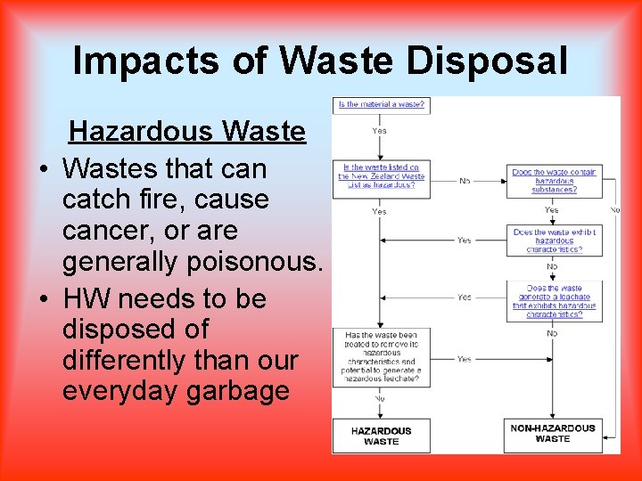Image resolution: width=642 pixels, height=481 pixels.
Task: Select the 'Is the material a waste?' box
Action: point(381,105)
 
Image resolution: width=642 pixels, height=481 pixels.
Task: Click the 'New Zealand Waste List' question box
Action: point(381,176)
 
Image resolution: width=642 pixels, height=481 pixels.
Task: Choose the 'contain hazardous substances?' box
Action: point(554,180)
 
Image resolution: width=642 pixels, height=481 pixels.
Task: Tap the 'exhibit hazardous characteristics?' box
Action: point(554,240)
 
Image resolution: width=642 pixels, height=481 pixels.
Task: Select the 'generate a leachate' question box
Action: point(554,301)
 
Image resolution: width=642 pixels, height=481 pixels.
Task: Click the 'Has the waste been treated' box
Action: point(381,358)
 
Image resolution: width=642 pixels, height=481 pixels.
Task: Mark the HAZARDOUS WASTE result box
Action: point(381,436)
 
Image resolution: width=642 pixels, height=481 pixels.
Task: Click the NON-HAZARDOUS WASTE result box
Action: point(552,434)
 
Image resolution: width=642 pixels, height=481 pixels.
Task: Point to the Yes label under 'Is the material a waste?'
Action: point(380,131)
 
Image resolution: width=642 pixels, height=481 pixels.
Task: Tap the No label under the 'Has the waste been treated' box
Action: point(380,398)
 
